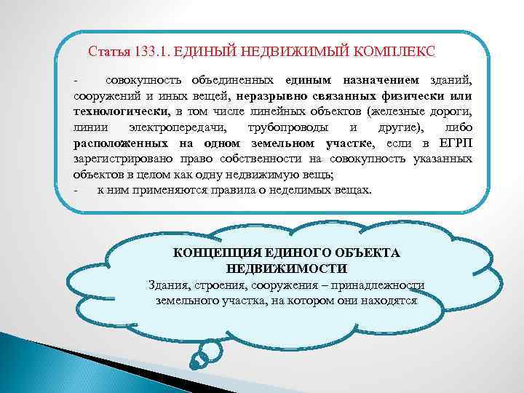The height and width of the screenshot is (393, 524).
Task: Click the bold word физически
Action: pyautogui.click(x=412, y=95)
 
